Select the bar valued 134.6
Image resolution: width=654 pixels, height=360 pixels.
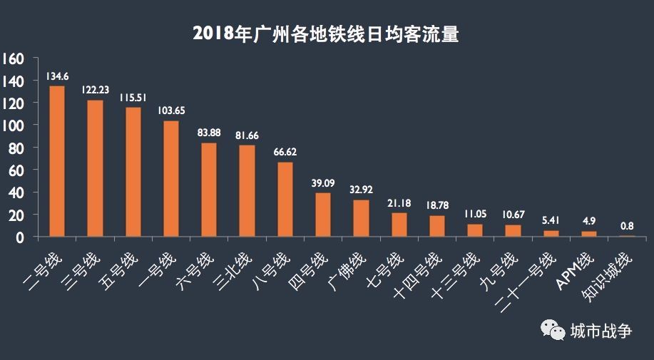[57, 161]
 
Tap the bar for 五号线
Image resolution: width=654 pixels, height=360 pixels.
[133, 172]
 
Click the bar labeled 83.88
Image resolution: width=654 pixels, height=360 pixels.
[208, 190]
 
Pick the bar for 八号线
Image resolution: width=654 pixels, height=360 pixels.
[285, 200]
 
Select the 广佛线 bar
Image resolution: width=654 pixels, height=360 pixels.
[361, 218]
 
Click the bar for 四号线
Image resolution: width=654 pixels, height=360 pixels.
[322, 215]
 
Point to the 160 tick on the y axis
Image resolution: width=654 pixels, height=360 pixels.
[14, 58]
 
